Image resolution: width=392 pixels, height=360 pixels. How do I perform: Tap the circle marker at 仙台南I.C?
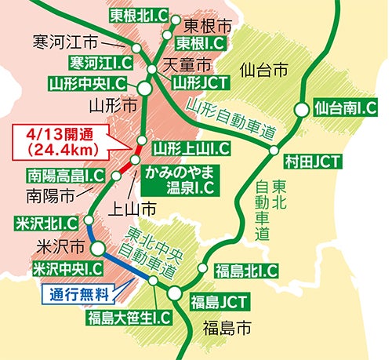[301, 111]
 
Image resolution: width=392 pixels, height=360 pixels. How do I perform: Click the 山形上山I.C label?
[191, 147]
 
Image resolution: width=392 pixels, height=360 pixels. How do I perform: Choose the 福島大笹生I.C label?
[129, 317]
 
